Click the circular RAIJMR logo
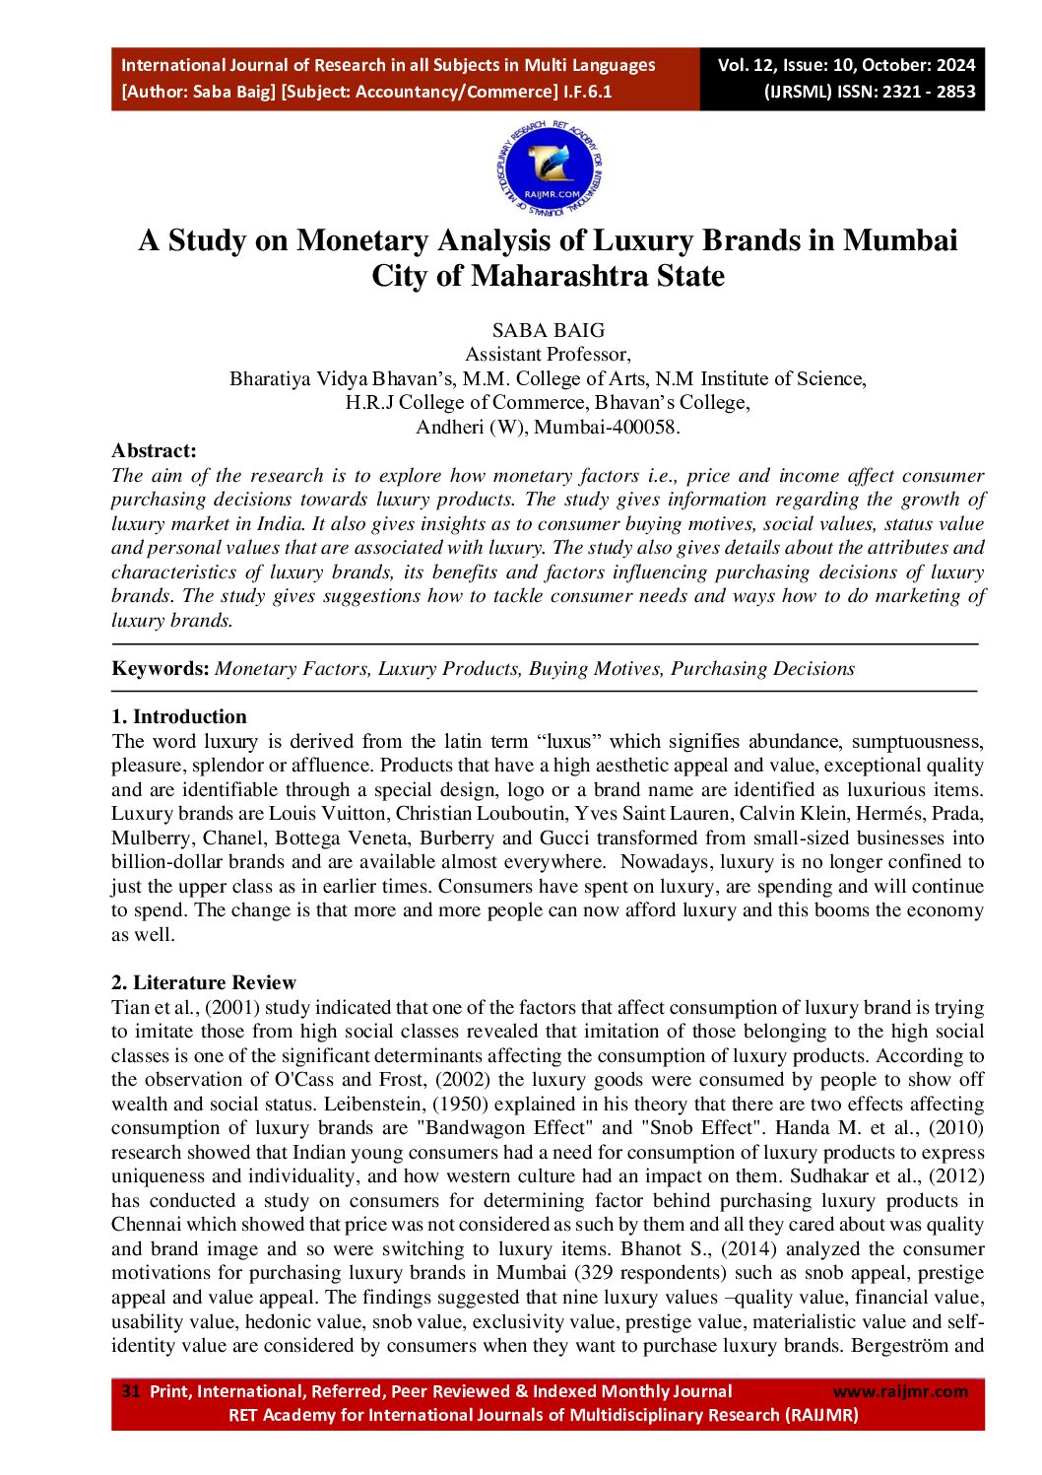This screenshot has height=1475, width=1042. click(x=549, y=168)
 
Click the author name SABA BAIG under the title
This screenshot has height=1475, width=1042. click(x=549, y=331)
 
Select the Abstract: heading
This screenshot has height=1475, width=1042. click(x=154, y=451)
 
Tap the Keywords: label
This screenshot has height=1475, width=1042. click(x=161, y=669)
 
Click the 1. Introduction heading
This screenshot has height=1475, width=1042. click(x=179, y=717)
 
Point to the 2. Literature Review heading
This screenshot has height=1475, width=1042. click(x=204, y=983)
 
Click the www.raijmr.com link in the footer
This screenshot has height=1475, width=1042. click(x=900, y=1391)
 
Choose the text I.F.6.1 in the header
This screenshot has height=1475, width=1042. click(x=588, y=92)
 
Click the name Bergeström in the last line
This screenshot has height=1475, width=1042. click(x=895, y=1346)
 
